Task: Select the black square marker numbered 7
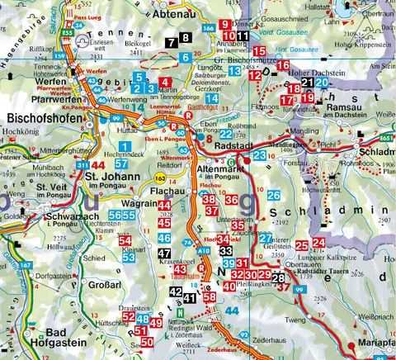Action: pos(171,40)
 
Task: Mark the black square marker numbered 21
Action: pos(307,83)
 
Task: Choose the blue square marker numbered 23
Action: pos(260,155)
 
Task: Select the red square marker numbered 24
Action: pos(318,242)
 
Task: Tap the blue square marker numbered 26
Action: pos(274,195)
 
